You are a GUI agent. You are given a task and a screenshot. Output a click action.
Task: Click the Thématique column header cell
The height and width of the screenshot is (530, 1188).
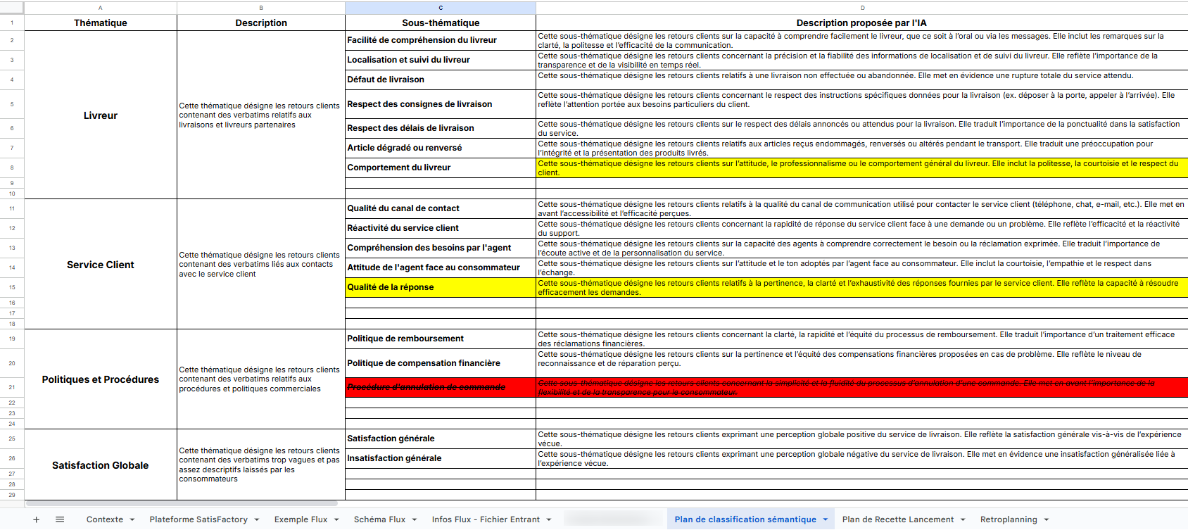tap(101, 23)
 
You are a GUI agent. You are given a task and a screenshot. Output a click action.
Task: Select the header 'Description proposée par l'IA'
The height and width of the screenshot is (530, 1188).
tap(861, 23)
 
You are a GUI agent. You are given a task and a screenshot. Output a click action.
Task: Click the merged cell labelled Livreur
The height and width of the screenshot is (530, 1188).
tap(101, 115)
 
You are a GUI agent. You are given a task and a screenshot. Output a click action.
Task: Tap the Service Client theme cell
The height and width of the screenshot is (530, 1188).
tap(101, 265)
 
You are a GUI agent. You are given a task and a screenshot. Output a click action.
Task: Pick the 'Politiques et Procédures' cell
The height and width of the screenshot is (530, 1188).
tap(101, 379)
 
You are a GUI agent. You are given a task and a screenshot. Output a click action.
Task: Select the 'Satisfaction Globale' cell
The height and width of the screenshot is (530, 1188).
tap(101, 465)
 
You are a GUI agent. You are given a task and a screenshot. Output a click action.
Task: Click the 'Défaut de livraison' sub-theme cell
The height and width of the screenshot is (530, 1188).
tap(386, 80)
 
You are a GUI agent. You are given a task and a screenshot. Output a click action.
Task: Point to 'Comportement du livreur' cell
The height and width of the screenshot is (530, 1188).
tap(399, 168)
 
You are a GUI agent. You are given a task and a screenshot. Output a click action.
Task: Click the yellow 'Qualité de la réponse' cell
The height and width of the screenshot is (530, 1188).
tap(391, 287)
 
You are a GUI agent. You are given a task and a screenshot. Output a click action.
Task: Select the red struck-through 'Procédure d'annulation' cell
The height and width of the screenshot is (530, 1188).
tap(426, 387)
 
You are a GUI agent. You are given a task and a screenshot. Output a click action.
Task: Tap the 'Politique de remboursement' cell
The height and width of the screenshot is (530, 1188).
tap(405, 339)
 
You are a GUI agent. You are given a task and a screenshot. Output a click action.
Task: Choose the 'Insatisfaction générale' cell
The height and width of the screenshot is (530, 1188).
tap(394, 458)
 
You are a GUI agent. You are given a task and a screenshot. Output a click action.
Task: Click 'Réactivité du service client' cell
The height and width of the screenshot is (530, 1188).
tap(403, 228)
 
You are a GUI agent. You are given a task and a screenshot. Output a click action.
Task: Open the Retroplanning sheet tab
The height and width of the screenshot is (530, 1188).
tap(1009, 519)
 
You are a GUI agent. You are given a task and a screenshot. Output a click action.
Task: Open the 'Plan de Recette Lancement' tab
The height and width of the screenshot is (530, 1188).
tap(897, 519)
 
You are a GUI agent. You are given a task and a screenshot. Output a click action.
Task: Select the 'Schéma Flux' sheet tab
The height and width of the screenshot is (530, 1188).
tap(379, 519)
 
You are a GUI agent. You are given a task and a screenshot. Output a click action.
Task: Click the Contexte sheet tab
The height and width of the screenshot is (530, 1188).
tap(105, 519)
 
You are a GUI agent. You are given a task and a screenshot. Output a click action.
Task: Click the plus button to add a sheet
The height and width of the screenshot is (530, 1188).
tap(37, 519)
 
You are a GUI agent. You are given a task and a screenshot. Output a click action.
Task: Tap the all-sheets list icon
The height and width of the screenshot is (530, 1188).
tap(60, 519)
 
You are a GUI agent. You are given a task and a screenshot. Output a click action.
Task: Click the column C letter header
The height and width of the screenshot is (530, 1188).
tap(441, 8)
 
